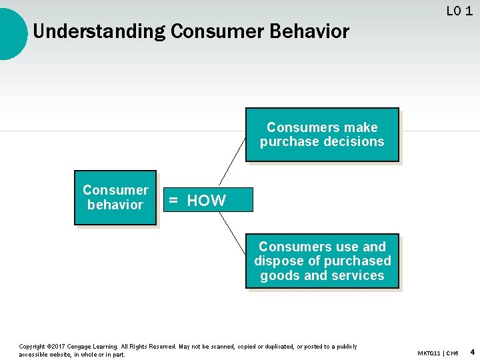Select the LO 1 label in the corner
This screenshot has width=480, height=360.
click(459, 11)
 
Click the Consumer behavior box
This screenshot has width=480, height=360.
click(115, 197)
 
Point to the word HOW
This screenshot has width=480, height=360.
click(206, 201)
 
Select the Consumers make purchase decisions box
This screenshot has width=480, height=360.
click(322, 135)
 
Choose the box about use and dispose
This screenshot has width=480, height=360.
click(322, 261)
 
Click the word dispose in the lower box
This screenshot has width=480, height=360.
click(276, 261)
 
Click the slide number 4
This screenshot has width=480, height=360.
click(472, 351)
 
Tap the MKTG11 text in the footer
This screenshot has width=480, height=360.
click(430, 352)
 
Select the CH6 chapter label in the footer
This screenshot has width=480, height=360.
click(453, 352)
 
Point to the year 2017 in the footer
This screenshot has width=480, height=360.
click(59, 347)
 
